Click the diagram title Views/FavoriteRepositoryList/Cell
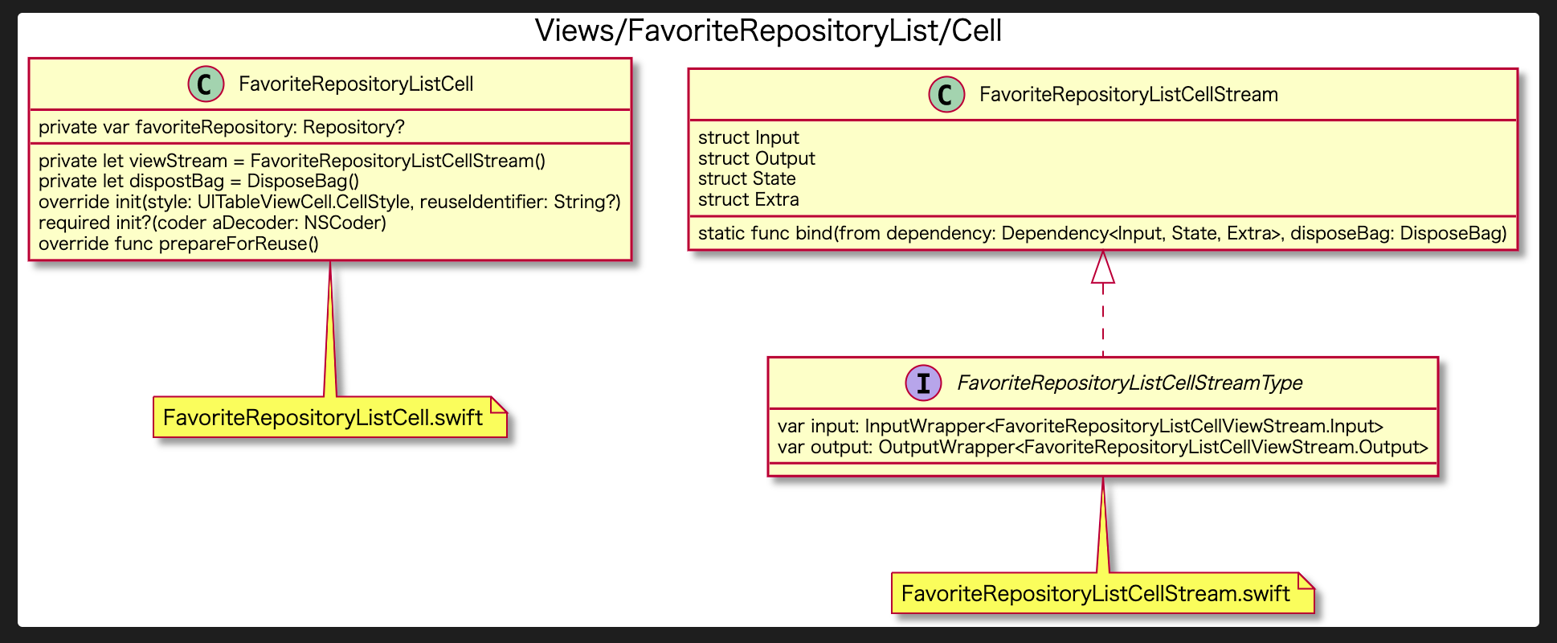[x=768, y=31]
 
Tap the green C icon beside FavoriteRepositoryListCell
[x=206, y=84]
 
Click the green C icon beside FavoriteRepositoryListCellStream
[x=946, y=94]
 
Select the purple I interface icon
[x=924, y=383]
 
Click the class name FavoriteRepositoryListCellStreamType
[x=1130, y=383]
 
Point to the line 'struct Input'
[x=749, y=137]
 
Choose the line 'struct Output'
[x=757, y=158]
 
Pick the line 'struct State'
[x=747, y=178]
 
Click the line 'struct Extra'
[x=749, y=199]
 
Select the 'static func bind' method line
[x=1102, y=233]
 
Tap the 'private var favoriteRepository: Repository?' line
[x=222, y=127]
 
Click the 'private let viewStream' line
[x=292, y=161]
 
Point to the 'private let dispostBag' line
[x=198, y=181]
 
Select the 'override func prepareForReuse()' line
[x=178, y=244]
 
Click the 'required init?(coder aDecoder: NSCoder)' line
[x=212, y=223]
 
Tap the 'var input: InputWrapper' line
[x=1081, y=426]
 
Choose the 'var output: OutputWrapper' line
[x=1103, y=447]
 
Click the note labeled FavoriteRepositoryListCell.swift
[x=330, y=417]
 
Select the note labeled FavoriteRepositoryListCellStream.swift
[x=1103, y=593]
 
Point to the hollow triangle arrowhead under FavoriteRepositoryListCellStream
[x=1103, y=267]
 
